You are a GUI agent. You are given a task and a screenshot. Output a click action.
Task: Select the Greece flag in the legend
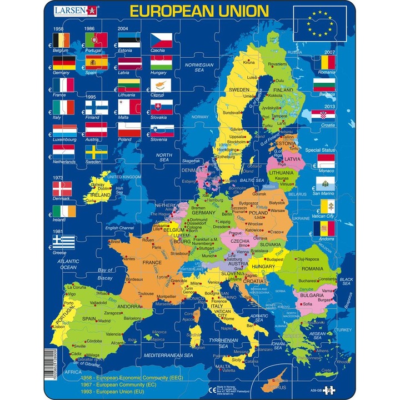63,242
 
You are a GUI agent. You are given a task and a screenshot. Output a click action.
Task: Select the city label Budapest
276,259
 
